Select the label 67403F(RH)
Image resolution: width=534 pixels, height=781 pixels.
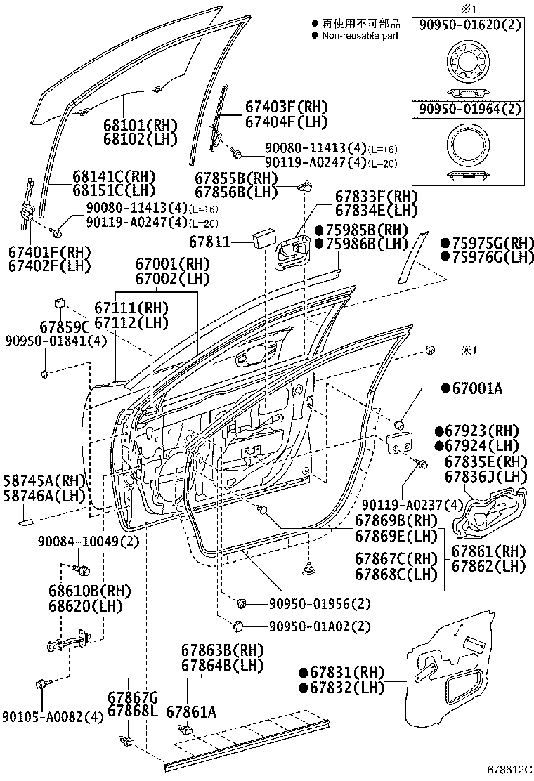pos(287,107)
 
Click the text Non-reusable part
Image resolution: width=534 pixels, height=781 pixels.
pos(360,35)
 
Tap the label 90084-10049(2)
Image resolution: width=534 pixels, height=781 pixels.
pos(89,542)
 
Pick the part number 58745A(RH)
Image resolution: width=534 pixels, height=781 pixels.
pos(44,480)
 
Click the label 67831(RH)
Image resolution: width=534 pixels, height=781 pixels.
pos(341,672)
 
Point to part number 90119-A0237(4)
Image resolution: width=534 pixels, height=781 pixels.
pos(403,504)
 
